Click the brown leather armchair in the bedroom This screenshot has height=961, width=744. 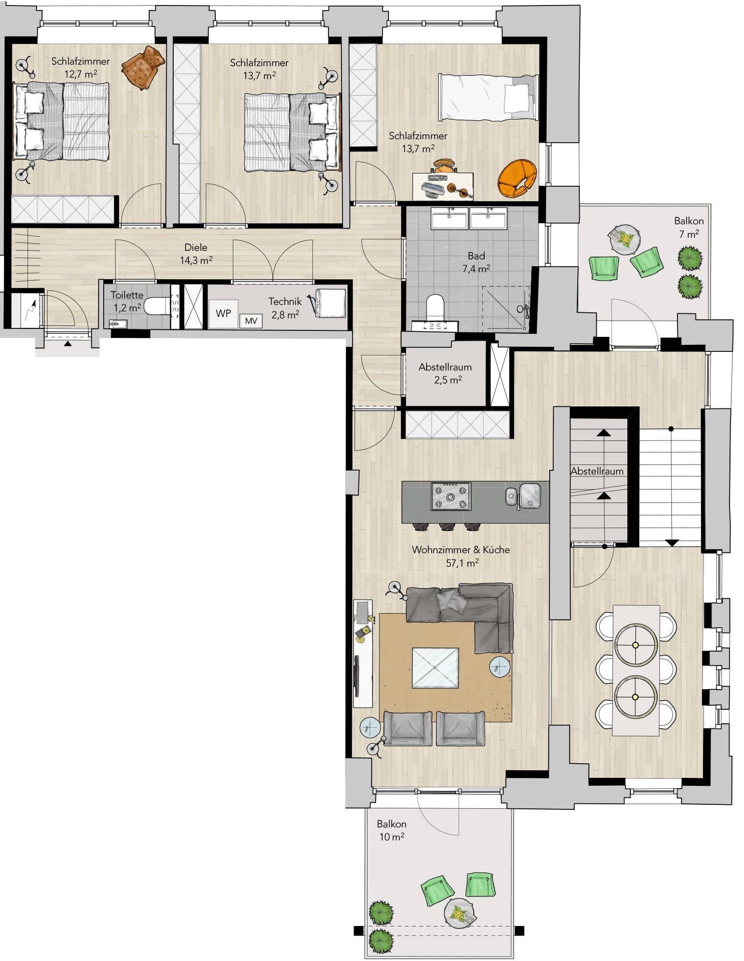(143, 68)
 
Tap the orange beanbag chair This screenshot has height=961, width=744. (517, 178)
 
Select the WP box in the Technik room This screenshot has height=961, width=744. (223, 313)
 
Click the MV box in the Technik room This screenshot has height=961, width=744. (251, 320)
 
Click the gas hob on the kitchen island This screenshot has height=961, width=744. (451, 496)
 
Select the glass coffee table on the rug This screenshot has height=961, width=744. (435, 668)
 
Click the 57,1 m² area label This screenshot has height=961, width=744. (462, 563)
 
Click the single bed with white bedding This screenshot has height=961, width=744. (489, 97)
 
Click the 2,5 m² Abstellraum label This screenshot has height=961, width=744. (445, 373)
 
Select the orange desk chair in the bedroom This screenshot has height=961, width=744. (444, 166)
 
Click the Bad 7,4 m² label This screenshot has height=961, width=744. (476, 262)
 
